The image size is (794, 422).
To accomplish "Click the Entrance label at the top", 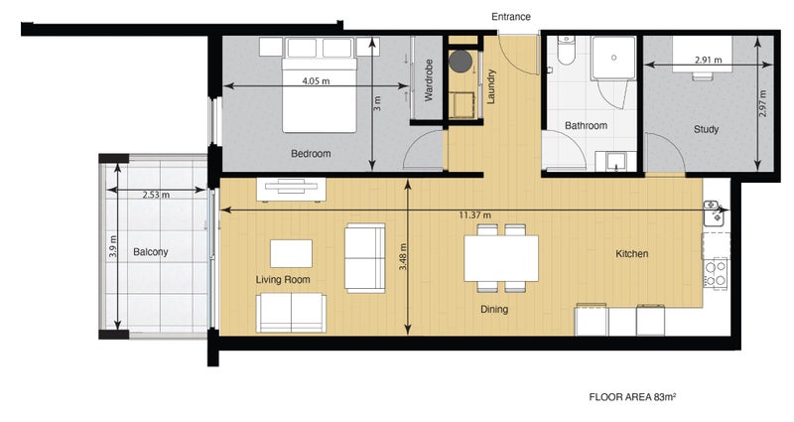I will click(x=511, y=17).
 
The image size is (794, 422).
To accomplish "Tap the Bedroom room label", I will click(x=311, y=154).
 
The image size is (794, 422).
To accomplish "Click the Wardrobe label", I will click(x=429, y=81).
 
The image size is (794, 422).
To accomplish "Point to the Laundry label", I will click(x=490, y=85).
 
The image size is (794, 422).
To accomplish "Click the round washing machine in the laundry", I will click(x=461, y=62).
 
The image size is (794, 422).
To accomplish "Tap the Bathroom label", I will click(x=586, y=126).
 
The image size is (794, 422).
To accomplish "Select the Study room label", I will click(x=706, y=130).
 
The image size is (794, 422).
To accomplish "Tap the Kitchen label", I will click(x=631, y=254).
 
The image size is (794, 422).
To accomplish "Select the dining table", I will click(x=501, y=257).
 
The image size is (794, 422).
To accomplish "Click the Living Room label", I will click(x=283, y=280).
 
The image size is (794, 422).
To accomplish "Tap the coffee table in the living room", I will click(x=291, y=252).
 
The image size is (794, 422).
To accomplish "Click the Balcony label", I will click(x=151, y=252).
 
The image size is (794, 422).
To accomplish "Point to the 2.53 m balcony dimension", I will click(x=156, y=195).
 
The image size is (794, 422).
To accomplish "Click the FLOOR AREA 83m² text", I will click(x=632, y=396).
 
